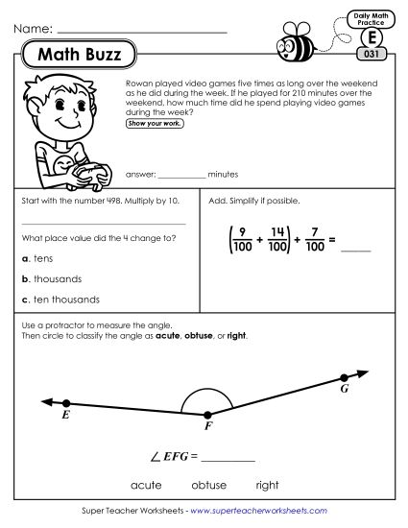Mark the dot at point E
(65, 402)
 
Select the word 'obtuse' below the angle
(208, 484)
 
